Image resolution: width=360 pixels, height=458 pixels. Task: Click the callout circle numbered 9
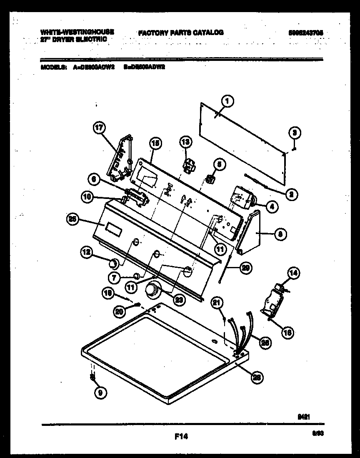100,392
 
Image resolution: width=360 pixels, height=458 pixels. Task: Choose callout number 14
294,274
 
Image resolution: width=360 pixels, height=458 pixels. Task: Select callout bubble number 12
86,252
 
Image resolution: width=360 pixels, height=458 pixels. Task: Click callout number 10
87,197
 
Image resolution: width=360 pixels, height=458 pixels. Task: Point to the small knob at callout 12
112,264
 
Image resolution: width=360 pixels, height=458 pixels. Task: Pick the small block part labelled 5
210,179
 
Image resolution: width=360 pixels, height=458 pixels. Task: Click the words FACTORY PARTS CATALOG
180,32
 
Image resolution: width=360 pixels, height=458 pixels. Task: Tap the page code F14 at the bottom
180,437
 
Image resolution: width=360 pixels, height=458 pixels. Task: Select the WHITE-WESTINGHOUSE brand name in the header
77,32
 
